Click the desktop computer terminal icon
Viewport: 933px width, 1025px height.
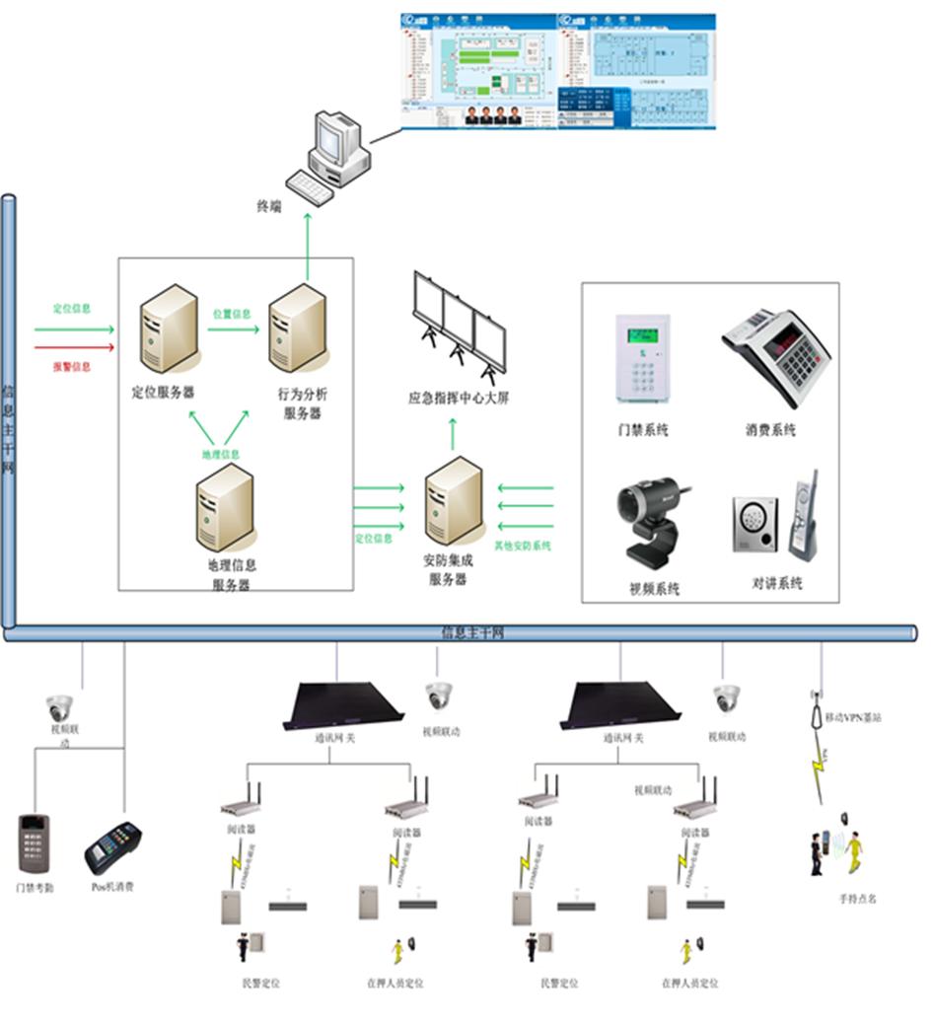[x=328, y=158]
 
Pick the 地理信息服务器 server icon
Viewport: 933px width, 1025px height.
[x=225, y=508]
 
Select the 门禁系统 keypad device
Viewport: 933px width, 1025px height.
[x=642, y=359]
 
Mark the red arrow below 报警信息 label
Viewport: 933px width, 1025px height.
[x=74, y=347]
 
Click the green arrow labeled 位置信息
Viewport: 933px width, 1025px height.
[x=233, y=328]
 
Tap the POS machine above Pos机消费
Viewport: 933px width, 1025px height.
[x=112, y=847]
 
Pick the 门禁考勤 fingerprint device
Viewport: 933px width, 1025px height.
[x=35, y=842]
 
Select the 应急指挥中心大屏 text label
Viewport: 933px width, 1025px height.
[x=459, y=400]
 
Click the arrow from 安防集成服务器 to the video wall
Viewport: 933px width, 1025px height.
[x=454, y=432]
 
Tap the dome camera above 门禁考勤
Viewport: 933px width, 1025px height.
[x=59, y=707]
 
